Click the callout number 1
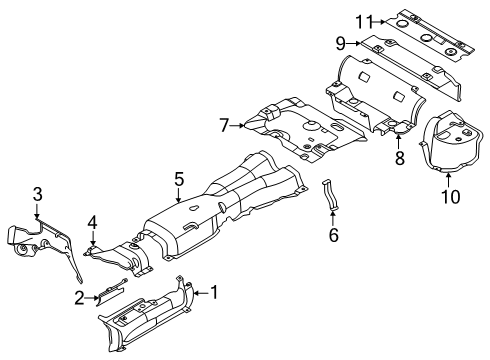click(212, 291)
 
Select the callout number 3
click(37, 193)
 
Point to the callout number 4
click(91, 222)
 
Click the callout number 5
click(179, 181)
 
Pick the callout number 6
click(335, 236)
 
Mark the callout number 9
click(339, 44)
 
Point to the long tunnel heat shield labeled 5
click(220, 200)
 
